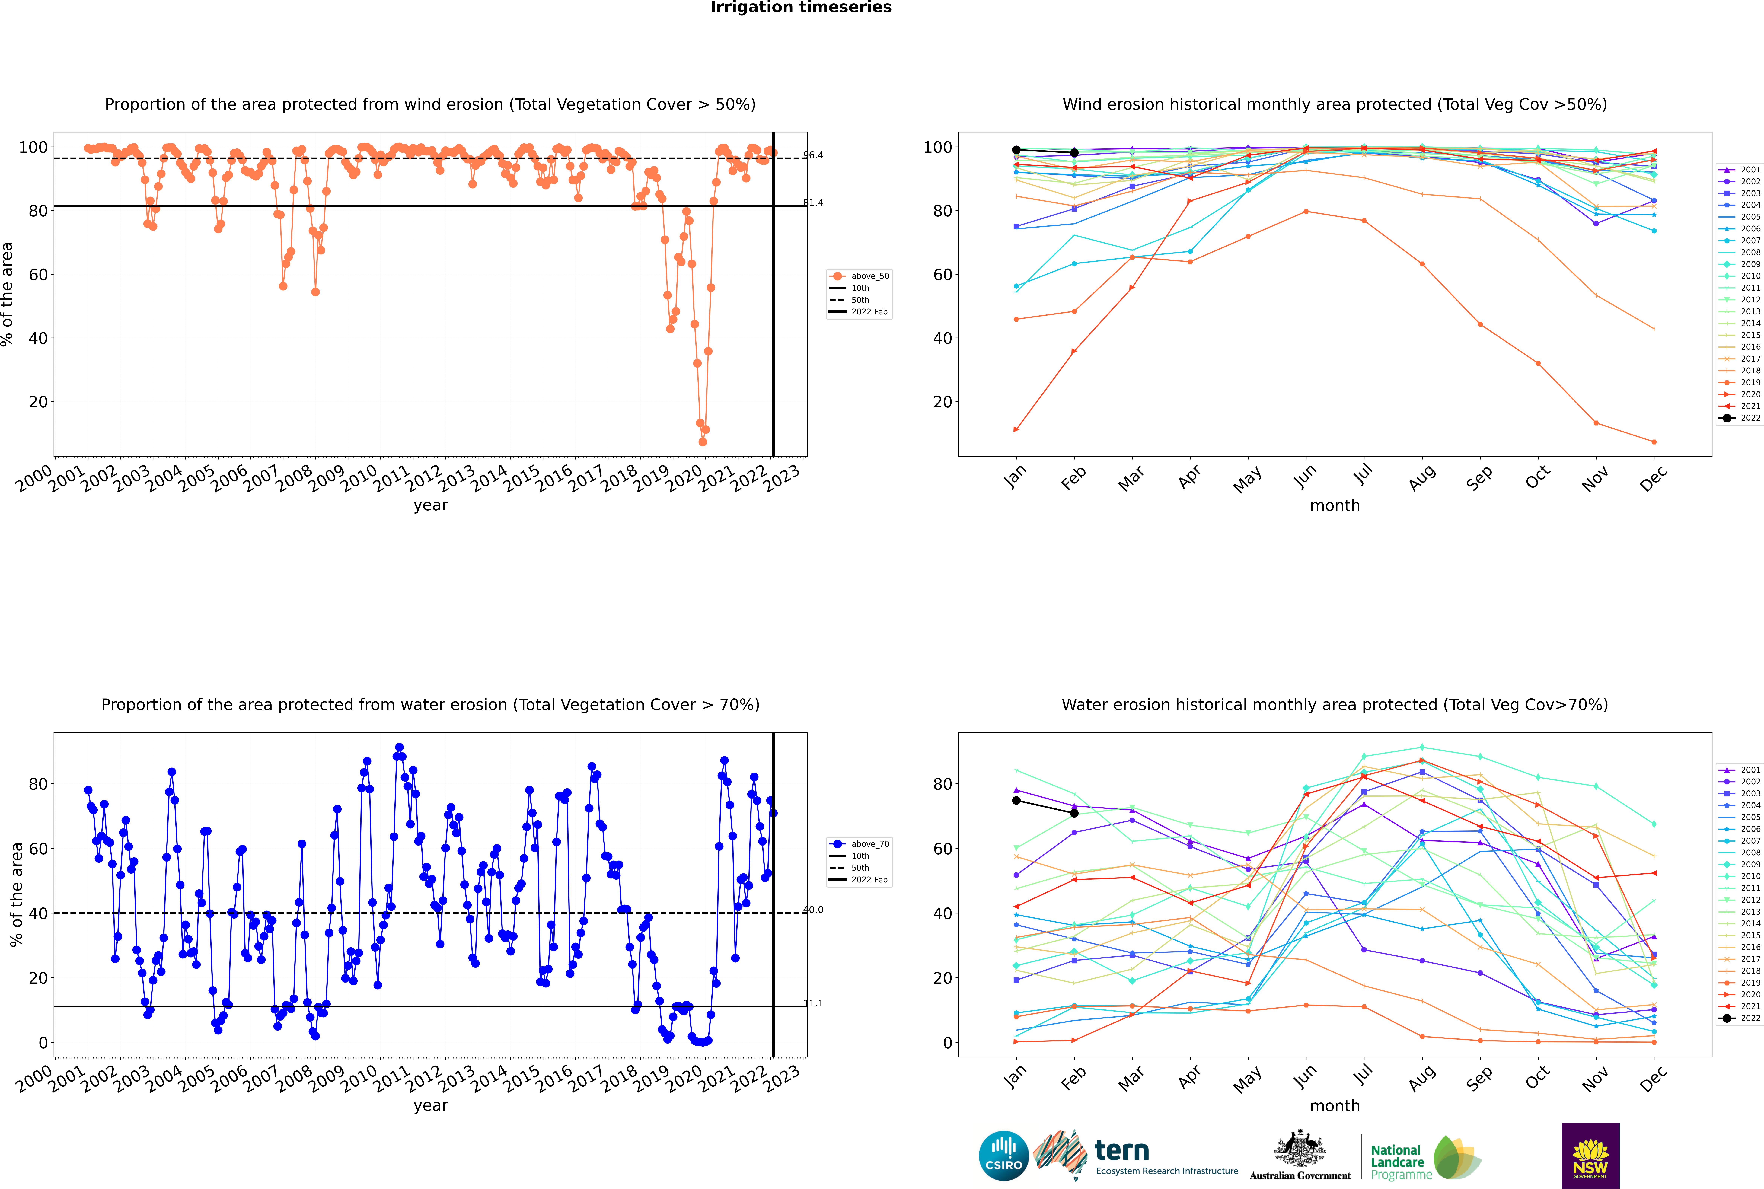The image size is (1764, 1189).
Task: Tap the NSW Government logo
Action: [x=1590, y=1156]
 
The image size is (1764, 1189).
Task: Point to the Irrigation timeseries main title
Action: [x=801, y=8]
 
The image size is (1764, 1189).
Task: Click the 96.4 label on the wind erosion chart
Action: [x=813, y=155]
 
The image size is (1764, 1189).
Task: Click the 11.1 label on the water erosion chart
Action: [x=813, y=1003]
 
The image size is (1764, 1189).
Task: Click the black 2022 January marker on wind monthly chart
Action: [x=1016, y=150]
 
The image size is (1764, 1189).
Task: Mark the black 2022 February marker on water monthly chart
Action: [x=1074, y=814]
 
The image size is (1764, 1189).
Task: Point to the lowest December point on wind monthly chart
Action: [x=1654, y=442]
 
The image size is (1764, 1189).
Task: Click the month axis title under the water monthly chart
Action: [x=1335, y=1106]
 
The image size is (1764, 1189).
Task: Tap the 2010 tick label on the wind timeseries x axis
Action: [x=359, y=479]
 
